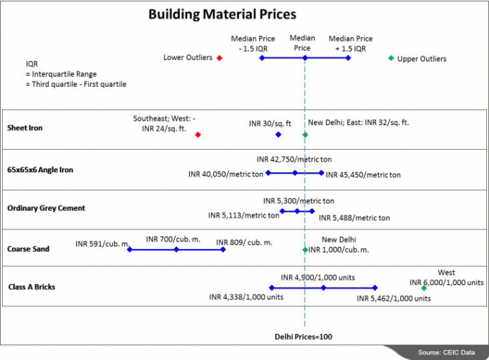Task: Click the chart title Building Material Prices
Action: (x=222, y=14)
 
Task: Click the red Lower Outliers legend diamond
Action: (x=219, y=58)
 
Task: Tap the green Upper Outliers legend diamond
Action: (x=391, y=58)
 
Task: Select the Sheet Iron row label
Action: (x=26, y=129)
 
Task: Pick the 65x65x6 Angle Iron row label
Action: (x=40, y=169)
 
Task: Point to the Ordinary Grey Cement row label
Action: (x=46, y=208)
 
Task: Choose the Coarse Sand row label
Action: (x=28, y=248)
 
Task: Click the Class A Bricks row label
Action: (x=32, y=287)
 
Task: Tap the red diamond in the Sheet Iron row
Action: (x=198, y=134)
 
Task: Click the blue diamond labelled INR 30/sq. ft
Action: (x=278, y=134)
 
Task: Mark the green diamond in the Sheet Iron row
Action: (x=305, y=134)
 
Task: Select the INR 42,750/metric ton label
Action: (x=291, y=160)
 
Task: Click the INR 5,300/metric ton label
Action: (x=298, y=200)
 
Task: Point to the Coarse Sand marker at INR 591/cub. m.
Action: (x=130, y=249)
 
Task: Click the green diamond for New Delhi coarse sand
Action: (x=305, y=249)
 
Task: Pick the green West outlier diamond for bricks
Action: (x=423, y=288)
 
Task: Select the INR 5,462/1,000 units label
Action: (x=393, y=299)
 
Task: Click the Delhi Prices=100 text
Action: (x=303, y=337)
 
